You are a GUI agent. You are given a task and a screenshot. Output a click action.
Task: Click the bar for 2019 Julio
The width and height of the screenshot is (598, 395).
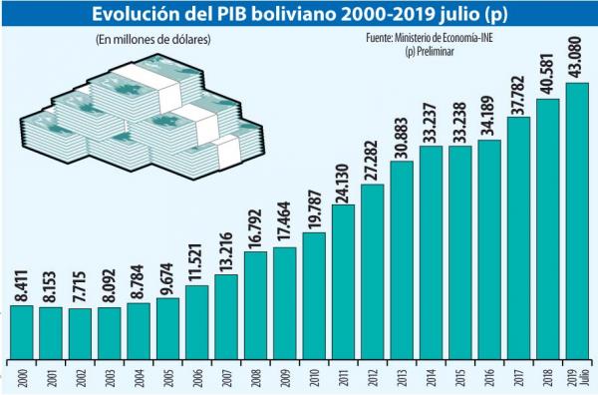(577, 221)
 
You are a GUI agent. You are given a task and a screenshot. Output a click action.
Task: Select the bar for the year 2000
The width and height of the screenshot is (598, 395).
(22, 332)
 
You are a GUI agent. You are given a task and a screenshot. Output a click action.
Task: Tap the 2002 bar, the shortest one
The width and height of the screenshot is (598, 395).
(80, 334)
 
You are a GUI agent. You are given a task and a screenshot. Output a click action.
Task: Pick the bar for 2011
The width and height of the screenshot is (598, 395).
(343, 282)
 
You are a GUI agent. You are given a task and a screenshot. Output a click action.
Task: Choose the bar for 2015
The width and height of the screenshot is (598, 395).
(460, 252)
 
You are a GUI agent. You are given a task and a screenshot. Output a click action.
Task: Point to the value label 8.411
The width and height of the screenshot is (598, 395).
(21, 286)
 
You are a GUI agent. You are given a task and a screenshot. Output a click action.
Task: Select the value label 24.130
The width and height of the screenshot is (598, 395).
(342, 185)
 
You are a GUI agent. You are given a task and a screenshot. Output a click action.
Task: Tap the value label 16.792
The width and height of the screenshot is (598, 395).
(255, 229)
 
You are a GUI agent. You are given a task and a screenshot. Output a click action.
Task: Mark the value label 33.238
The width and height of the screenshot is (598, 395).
(459, 123)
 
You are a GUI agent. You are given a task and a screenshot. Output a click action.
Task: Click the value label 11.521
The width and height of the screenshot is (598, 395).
(196, 264)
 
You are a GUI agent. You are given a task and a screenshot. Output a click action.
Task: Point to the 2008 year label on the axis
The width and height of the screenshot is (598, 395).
(254, 377)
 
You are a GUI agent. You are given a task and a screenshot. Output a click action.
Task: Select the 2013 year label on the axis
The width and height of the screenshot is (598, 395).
(401, 377)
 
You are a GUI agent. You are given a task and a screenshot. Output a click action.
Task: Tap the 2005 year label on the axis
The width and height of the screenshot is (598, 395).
(167, 377)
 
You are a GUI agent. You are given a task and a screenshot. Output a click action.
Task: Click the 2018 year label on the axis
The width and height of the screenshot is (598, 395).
(547, 377)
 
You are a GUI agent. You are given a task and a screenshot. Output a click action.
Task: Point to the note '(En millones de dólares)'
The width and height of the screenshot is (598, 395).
(153, 40)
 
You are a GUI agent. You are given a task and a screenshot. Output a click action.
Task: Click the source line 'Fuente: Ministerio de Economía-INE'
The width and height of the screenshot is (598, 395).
(430, 38)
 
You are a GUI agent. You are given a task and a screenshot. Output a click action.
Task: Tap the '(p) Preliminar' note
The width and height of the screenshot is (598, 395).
(430, 51)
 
